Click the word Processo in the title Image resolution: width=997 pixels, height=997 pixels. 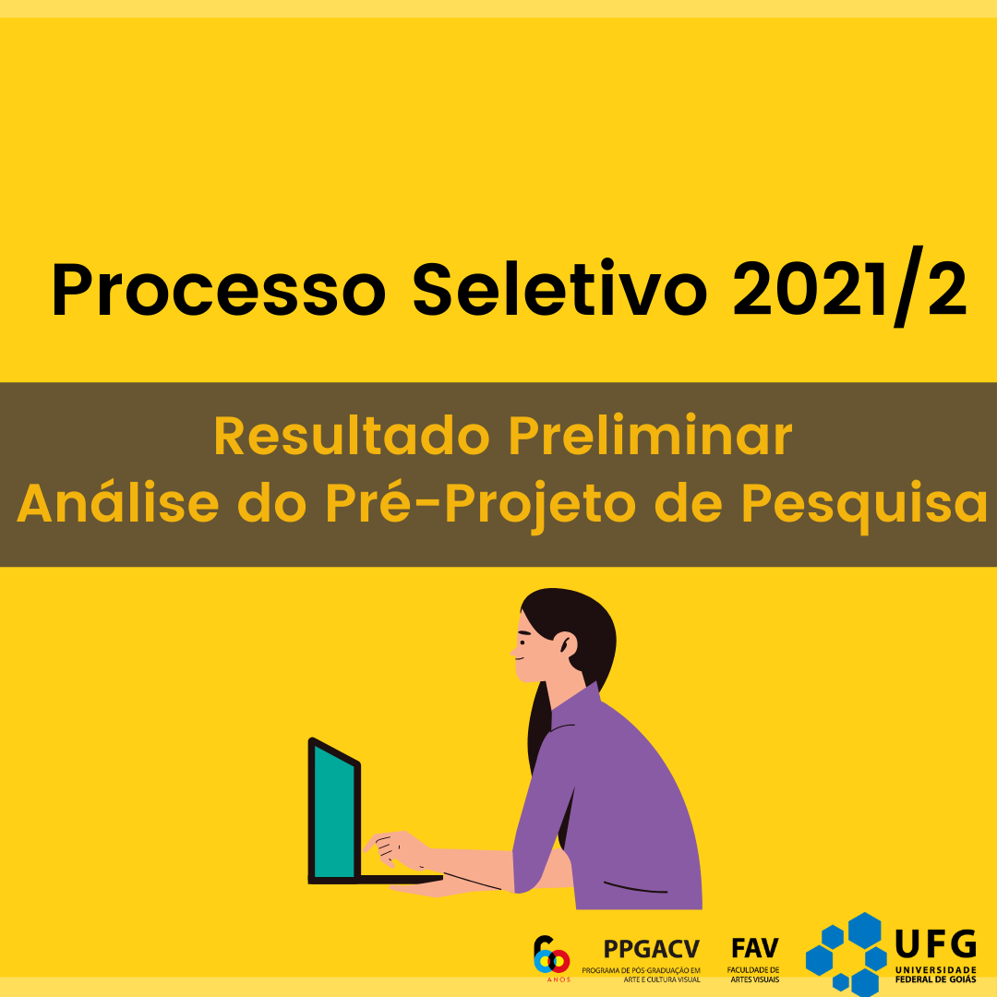218,289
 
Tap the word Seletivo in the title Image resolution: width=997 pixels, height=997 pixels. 559,288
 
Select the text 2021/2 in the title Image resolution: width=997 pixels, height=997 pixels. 850,287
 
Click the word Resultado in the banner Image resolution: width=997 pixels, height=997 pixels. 352,436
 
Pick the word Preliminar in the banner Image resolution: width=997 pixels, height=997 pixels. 651,436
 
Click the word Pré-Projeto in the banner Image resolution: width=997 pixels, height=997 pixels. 480,505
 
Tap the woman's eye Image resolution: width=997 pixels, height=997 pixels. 524,634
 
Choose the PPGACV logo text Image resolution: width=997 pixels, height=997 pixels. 651,949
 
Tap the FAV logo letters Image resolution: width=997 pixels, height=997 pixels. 755,949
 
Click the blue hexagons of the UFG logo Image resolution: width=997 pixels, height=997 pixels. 847,955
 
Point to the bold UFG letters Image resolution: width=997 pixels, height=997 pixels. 935,943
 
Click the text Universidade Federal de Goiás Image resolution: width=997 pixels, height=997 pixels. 935,975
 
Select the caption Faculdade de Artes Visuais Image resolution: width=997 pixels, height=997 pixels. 753,975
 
